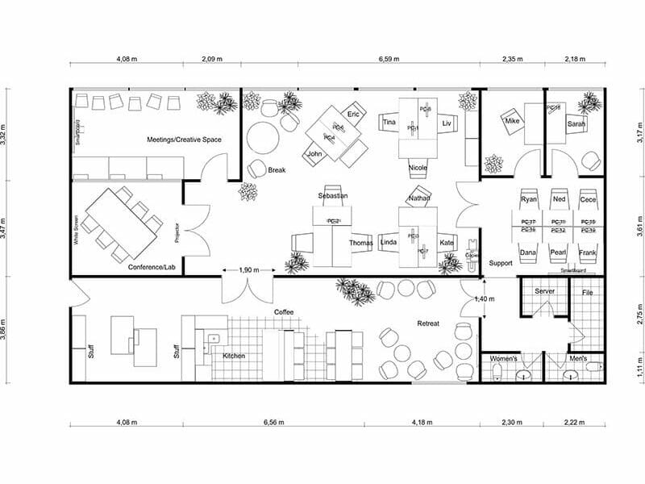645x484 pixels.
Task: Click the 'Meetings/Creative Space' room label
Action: (x=184, y=140)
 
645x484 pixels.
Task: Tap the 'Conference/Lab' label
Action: (x=151, y=266)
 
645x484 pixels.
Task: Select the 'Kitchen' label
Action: (x=234, y=356)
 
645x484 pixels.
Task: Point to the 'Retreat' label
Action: (x=427, y=323)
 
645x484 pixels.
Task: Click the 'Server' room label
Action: (x=545, y=290)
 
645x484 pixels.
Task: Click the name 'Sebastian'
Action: (x=333, y=196)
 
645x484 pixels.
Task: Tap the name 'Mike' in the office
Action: (x=511, y=121)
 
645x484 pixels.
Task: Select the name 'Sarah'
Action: (x=576, y=124)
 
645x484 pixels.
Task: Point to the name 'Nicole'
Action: (x=418, y=168)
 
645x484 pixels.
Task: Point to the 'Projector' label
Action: (x=177, y=233)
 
